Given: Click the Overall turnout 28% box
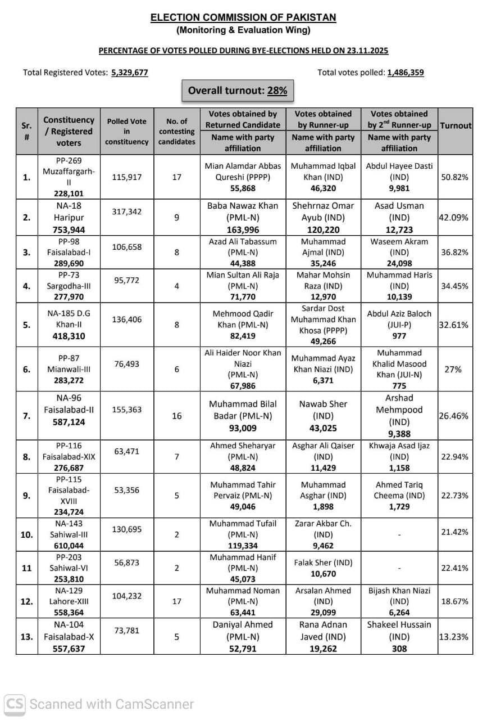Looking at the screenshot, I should point(238,91).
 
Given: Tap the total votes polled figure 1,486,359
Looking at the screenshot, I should point(406,73).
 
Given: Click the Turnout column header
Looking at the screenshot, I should point(456,125).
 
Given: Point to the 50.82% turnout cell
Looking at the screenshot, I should point(455,177).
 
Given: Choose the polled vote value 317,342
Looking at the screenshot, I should point(127,211).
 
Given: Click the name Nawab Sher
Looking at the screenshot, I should point(323,404).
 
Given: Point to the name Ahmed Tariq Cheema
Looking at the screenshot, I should point(399,490).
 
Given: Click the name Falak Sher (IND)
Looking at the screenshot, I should point(323,562).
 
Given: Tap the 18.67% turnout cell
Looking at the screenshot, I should point(455,601).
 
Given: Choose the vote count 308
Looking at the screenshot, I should point(399,649).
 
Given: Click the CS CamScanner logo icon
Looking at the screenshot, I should point(15,704).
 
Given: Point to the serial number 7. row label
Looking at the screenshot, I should point(26,416).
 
